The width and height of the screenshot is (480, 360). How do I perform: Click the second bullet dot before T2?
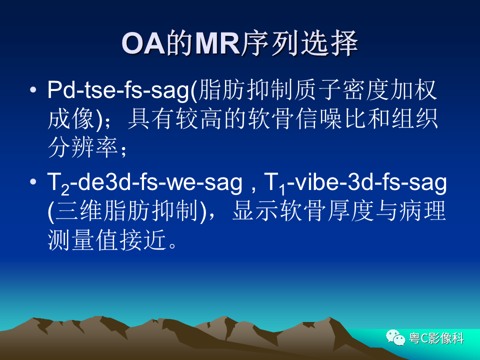pos(33,181)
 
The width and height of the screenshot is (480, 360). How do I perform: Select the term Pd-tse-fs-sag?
pos(118,90)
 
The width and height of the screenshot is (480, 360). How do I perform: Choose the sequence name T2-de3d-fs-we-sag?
pos(144,183)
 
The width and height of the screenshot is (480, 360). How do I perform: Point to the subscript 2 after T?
pos(65,190)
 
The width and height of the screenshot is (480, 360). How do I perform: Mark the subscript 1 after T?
pos(282,190)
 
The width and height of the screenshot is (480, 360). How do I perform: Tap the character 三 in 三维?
pos(66,211)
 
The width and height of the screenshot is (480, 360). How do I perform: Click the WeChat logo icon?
pos(395,337)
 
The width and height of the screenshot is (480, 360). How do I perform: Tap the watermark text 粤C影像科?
pos(436,338)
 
